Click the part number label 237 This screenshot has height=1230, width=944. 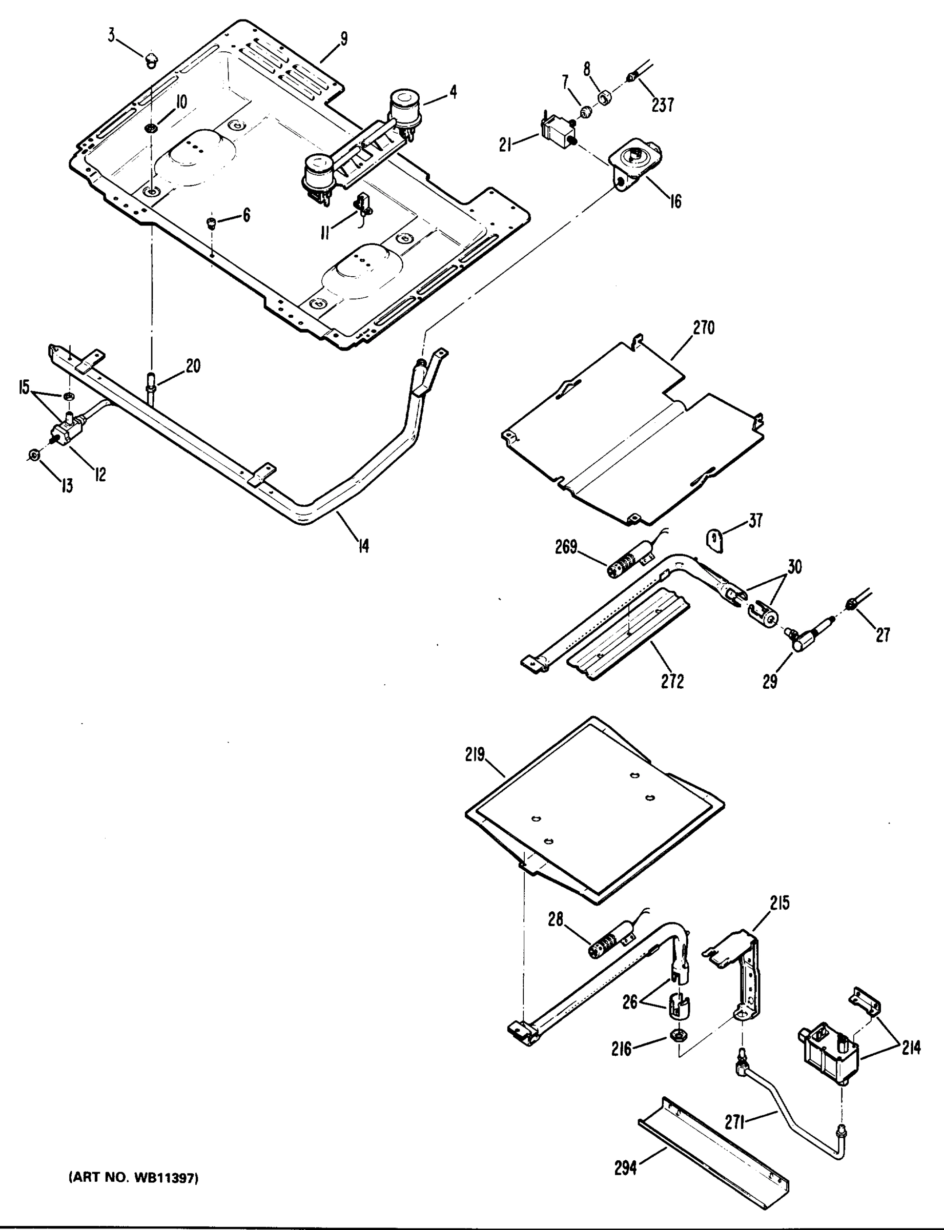pos(663,105)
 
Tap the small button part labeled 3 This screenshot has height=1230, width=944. pos(151,59)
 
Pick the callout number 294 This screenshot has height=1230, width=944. pos(625,1167)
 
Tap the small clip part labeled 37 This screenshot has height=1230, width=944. pos(713,541)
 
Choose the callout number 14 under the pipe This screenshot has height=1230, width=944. pos(364,545)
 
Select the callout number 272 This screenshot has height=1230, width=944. pos(672,681)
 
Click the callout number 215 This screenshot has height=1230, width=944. pos(779,903)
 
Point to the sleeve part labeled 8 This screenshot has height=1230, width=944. pos(606,99)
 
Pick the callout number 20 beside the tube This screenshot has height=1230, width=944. pos(193,366)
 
